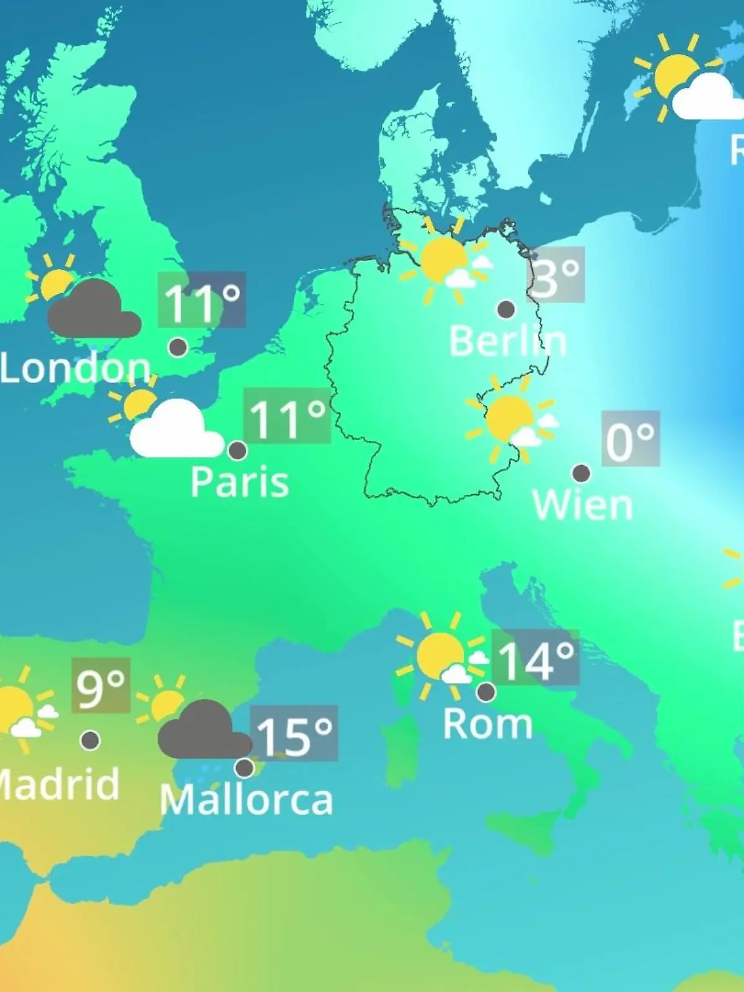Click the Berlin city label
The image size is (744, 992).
point(507,342)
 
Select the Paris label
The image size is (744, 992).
point(239,482)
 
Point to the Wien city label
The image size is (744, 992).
point(582,505)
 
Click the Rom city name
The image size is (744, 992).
point(487,724)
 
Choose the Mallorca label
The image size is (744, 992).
point(246,800)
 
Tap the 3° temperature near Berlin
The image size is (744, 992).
point(556,275)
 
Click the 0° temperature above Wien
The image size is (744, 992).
point(630,440)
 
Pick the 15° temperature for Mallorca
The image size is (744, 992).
point(294,734)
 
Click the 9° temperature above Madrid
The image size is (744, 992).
point(100,686)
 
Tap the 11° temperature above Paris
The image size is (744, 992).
point(287,417)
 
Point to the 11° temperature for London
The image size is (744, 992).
point(201,300)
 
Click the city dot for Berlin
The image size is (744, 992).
point(507,309)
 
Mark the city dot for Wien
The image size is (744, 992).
point(581,473)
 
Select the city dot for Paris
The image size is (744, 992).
point(237,450)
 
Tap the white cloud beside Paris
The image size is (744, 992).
point(175,431)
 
